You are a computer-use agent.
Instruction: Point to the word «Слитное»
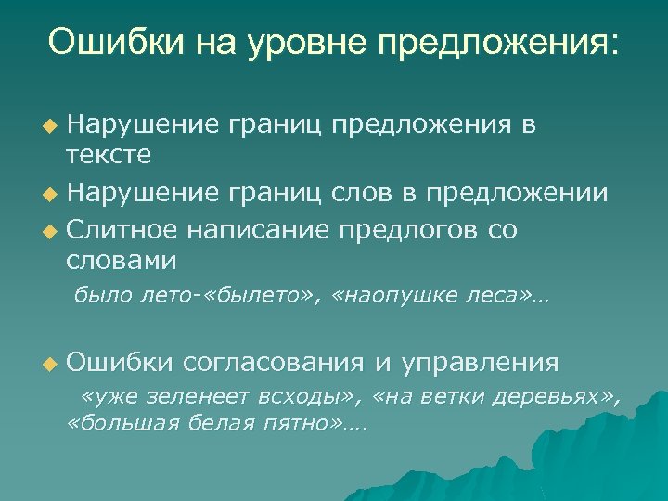tap(121, 227)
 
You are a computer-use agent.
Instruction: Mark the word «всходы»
tap(306, 397)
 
